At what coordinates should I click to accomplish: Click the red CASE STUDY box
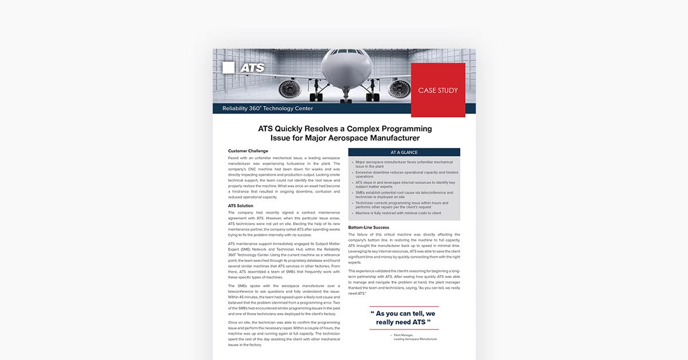[x=437, y=90]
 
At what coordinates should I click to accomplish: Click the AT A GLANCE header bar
[x=404, y=152]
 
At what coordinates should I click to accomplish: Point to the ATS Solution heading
[x=240, y=206]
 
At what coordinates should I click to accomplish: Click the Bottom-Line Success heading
[x=369, y=228]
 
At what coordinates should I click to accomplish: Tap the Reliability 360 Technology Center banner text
[x=267, y=108]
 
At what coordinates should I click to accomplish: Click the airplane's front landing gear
[x=345, y=95]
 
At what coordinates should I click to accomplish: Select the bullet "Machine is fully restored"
[x=398, y=213]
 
